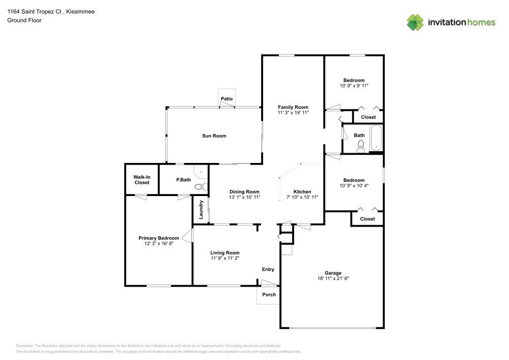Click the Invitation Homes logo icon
(x=415, y=22)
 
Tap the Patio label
(x=227, y=98)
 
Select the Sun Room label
(x=214, y=136)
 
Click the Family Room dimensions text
(x=293, y=113)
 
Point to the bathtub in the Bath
(x=376, y=138)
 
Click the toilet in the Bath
(x=361, y=148)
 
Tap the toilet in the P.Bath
(x=202, y=187)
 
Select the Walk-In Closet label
(x=142, y=180)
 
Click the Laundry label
(x=202, y=210)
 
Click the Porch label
(x=269, y=294)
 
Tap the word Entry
(x=268, y=269)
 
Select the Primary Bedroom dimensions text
(x=159, y=244)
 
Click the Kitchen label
(x=302, y=191)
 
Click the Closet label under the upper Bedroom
(x=368, y=117)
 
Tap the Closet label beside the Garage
(x=367, y=219)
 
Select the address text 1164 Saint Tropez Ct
(x=35, y=11)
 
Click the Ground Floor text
(x=24, y=20)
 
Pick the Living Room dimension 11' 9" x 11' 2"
(x=225, y=258)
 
